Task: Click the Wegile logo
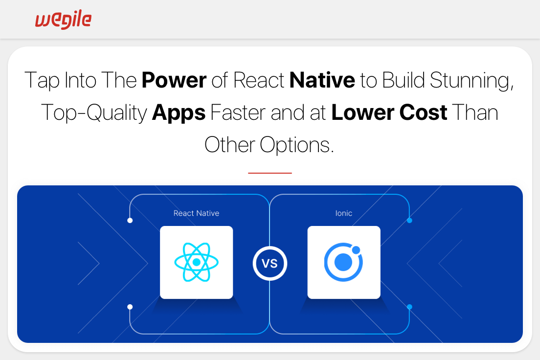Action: tap(64, 20)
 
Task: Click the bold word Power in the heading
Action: tap(174, 80)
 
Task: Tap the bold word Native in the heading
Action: tap(322, 80)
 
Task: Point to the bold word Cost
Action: tap(423, 112)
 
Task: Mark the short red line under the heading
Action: tap(270, 173)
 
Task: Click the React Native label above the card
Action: tap(196, 213)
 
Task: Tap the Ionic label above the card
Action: tap(344, 213)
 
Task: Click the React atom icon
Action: tap(196, 262)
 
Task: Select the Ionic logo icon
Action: tap(343, 262)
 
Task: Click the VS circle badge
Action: tap(270, 264)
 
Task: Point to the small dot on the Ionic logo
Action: tap(356, 250)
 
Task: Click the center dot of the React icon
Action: tap(197, 262)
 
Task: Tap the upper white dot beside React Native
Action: tap(130, 221)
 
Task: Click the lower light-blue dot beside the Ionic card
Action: tap(409, 307)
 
